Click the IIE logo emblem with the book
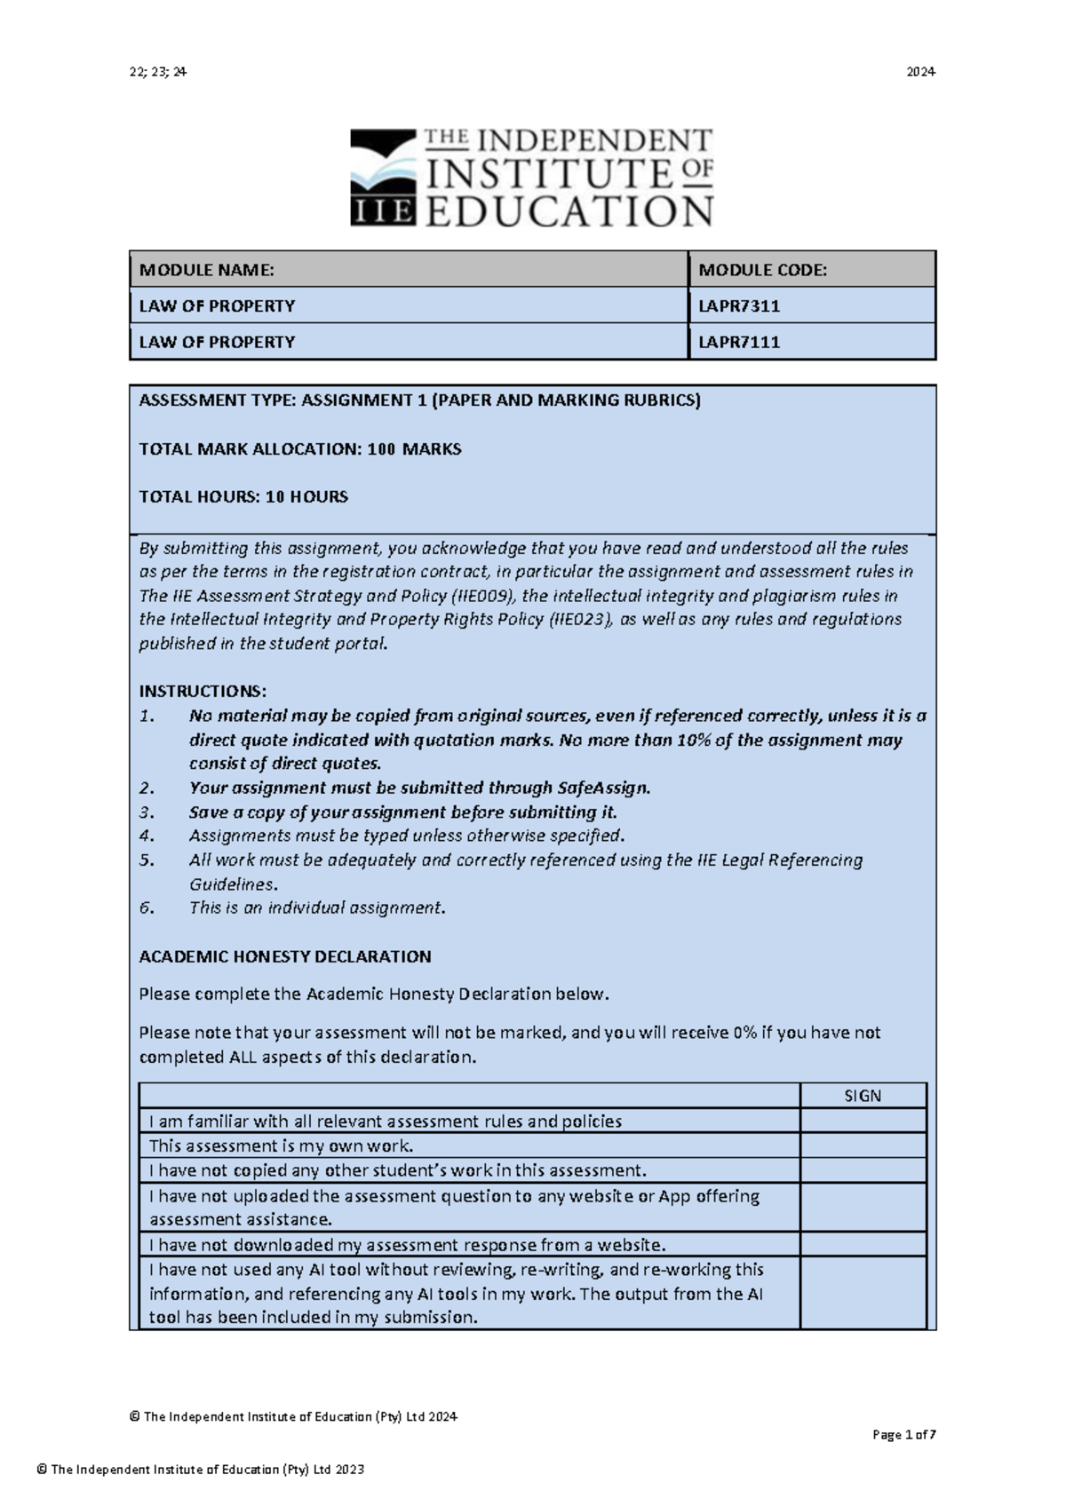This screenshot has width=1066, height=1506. coord(383,177)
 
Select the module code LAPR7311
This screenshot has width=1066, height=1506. coord(739,306)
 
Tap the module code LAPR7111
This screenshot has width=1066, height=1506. coord(739,342)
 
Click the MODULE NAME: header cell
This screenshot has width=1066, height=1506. coord(206,270)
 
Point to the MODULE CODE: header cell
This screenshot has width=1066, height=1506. coord(762,270)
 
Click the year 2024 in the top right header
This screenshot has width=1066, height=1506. coord(920,72)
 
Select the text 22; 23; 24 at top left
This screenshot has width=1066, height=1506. coord(157,72)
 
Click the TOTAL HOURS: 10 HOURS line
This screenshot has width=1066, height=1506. coord(243,497)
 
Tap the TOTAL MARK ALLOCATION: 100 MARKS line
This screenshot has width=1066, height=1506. coord(299,449)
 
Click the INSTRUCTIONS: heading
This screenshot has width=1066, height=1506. coord(203,692)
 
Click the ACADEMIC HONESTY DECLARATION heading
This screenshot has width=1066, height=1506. coord(284,957)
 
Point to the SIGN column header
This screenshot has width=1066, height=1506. coord(863,1096)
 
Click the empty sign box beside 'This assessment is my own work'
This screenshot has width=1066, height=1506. coord(863,1145)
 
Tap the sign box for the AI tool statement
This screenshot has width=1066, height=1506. coord(863,1293)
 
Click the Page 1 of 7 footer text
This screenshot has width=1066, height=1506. coord(904,1435)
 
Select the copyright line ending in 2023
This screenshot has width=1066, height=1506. coord(201,1470)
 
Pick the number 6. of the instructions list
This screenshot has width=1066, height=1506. coord(147,908)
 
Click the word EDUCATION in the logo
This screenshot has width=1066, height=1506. coord(569,212)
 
